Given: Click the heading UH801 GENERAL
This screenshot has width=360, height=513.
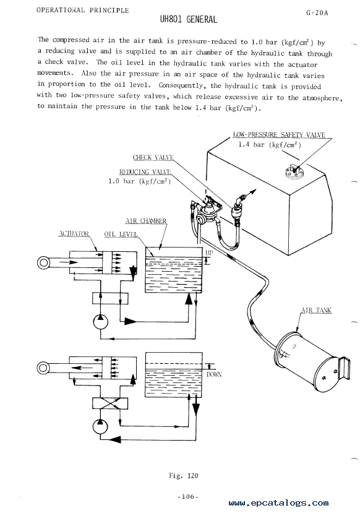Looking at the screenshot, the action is pyautogui.click(x=188, y=20).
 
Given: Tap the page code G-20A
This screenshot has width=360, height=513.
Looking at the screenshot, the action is pyautogui.click(x=317, y=13).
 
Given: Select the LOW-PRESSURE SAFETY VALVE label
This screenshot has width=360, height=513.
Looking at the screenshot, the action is pyautogui.click(x=279, y=135).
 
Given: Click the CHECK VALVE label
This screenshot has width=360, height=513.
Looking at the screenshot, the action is pyautogui.click(x=153, y=157).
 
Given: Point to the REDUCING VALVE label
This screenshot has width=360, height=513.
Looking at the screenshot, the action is pyautogui.click(x=145, y=172).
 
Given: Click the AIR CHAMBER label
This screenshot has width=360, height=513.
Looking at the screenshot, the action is pyautogui.click(x=146, y=221).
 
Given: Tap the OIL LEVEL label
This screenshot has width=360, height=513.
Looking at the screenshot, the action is pyautogui.click(x=121, y=235).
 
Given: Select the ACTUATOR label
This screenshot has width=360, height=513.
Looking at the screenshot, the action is pyautogui.click(x=74, y=233).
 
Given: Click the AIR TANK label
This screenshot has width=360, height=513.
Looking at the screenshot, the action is pyautogui.click(x=316, y=310).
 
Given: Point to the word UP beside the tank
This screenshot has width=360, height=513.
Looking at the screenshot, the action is pyautogui.click(x=209, y=253).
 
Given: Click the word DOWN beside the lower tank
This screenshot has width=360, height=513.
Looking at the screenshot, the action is pyautogui.click(x=214, y=374).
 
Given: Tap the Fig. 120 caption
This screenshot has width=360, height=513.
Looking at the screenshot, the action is pyautogui.click(x=184, y=476).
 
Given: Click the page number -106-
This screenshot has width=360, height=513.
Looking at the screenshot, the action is pyautogui.click(x=188, y=497).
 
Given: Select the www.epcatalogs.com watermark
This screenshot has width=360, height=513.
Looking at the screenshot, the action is pyautogui.click(x=278, y=503).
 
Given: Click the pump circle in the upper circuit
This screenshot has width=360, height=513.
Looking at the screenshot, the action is pyautogui.click(x=100, y=322).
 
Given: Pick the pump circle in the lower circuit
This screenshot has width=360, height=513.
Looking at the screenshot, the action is pyautogui.click(x=100, y=426).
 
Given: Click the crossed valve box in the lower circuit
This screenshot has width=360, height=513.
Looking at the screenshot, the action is pyautogui.click(x=110, y=403).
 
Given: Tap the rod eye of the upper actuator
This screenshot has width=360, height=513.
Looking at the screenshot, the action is pyautogui.click(x=43, y=263).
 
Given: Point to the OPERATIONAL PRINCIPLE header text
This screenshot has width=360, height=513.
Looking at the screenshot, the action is pyautogui.click(x=83, y=10).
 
